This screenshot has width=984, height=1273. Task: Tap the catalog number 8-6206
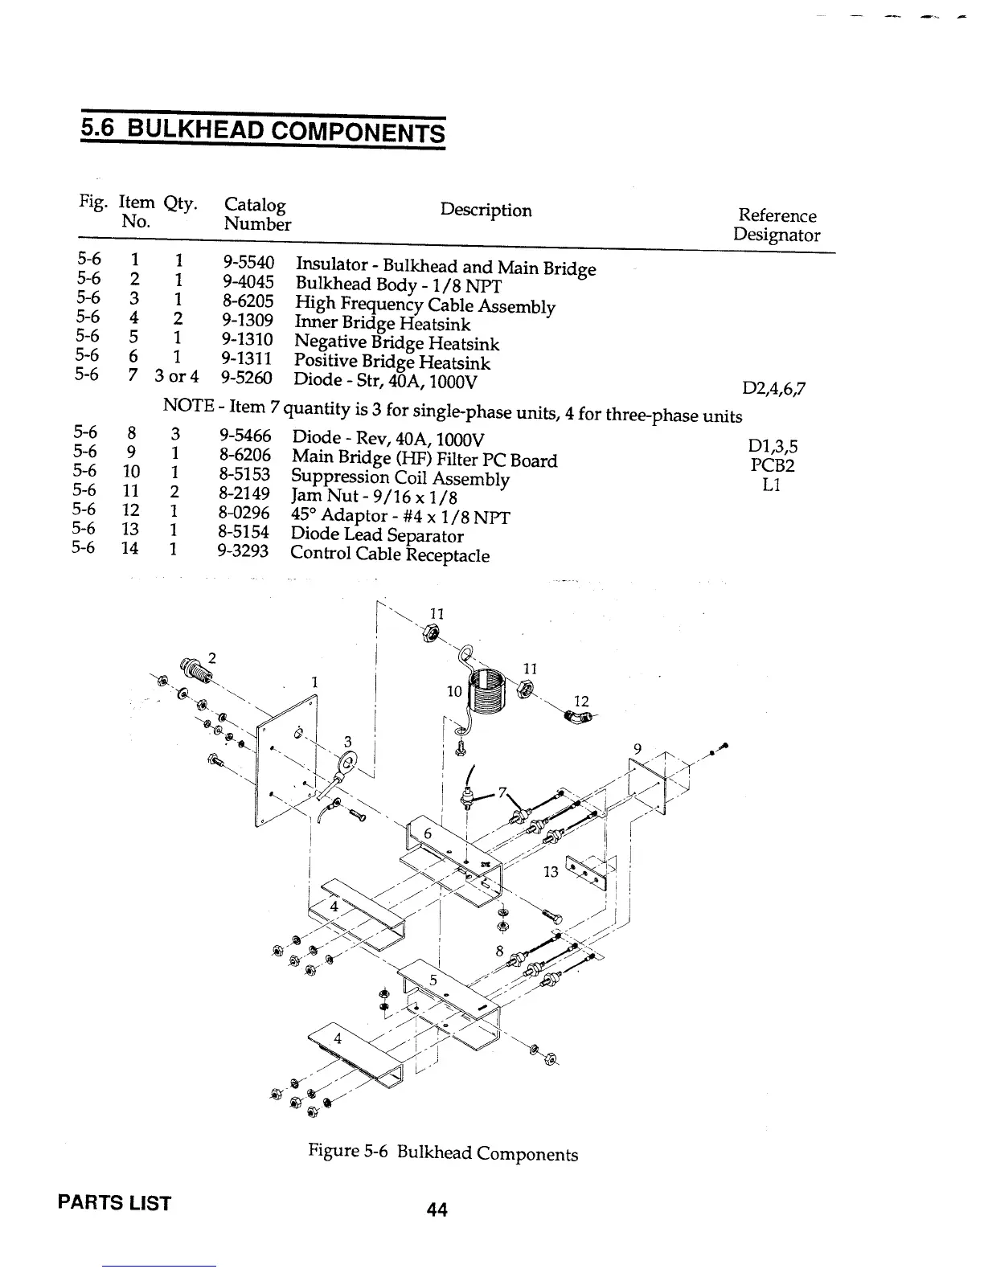(x=244, y=456)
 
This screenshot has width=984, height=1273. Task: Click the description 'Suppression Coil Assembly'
(x=400, y=479)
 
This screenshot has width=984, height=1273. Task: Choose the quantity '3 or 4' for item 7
(x=177, y=377)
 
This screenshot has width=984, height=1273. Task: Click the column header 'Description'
(x=486, y=211)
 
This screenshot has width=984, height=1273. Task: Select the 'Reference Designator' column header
(x=777, y=225)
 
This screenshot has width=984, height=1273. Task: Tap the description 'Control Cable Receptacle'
(x=390, y=554)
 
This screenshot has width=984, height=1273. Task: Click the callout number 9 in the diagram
(x=637, y=749)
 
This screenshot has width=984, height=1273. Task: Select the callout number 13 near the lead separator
(x=551, y=871)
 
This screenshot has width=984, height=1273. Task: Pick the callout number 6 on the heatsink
(x=428, y=834)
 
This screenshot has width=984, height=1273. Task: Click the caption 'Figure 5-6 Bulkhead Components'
(x=443, y=1153)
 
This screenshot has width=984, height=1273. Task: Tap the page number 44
(x=437, y=1209)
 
